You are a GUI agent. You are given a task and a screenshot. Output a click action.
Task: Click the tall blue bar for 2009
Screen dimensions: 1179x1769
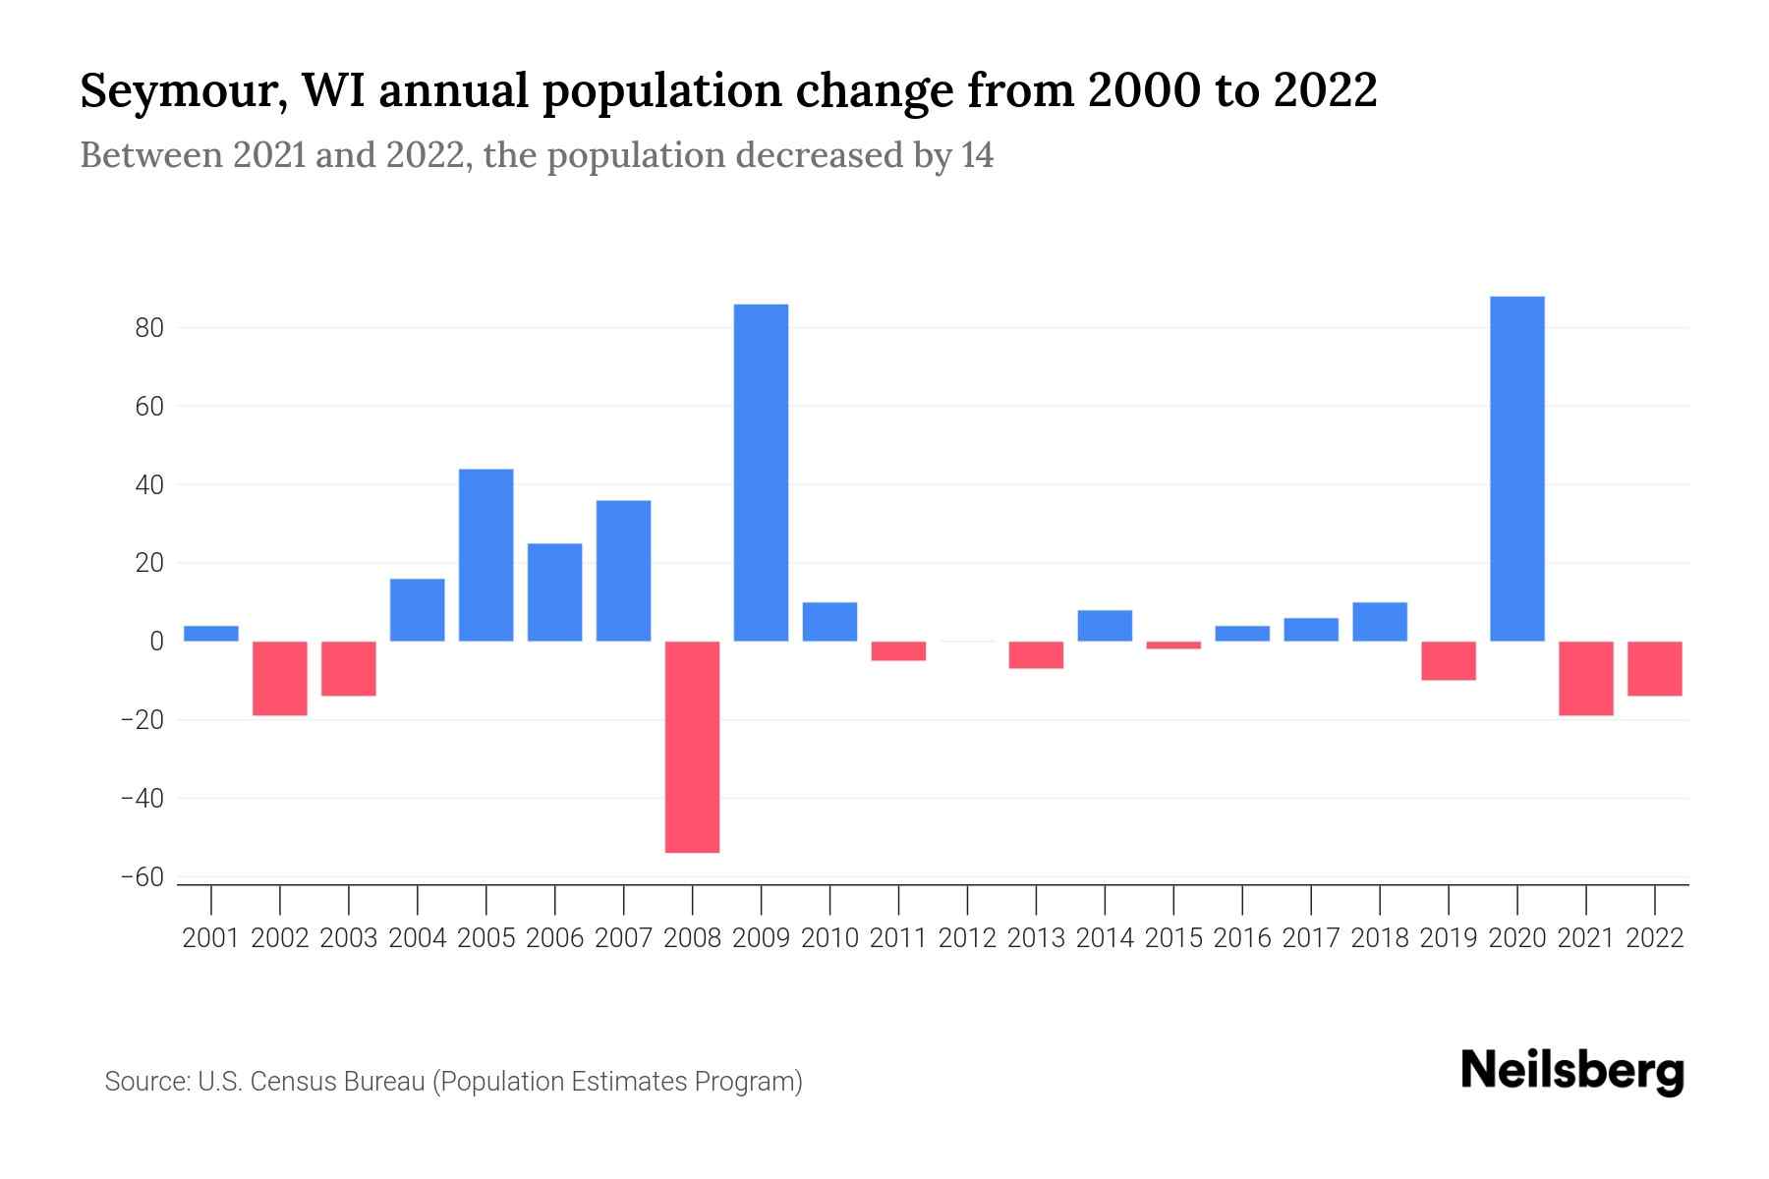coord(761,473)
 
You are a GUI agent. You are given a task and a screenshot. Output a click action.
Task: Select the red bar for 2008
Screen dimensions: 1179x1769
coord(692,747)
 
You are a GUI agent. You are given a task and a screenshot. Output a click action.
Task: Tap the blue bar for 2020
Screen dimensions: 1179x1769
coord(1516,469)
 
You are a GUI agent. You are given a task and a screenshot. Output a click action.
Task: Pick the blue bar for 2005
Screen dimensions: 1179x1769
coord(485,555)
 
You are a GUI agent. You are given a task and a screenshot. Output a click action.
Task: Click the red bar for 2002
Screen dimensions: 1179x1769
coord(280,678)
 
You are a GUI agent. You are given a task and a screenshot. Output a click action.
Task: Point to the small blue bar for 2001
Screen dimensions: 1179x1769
coord(211,634)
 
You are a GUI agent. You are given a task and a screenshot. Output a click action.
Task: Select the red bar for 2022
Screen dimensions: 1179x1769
coord(1654,668)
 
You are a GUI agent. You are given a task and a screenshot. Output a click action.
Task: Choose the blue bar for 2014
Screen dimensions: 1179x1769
coord(1105,626)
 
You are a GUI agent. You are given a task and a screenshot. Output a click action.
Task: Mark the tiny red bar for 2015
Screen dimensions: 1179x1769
coord(1173,646)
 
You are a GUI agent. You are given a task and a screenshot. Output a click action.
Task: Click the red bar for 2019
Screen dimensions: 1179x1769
coord(1448,660)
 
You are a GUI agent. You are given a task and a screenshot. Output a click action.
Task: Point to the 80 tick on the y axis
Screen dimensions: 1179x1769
coord(149,328)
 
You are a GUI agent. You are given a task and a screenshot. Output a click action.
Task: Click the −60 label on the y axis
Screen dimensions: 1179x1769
coord(142,877)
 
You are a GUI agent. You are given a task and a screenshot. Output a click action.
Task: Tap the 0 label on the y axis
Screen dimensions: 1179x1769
coord(156,642)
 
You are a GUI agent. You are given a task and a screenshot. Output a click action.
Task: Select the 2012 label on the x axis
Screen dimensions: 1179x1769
coord(967,938)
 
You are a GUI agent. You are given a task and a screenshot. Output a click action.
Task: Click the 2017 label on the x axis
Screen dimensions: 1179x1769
coord(1310,938)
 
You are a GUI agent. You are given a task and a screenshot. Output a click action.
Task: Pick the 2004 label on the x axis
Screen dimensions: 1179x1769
coord(417,938)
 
